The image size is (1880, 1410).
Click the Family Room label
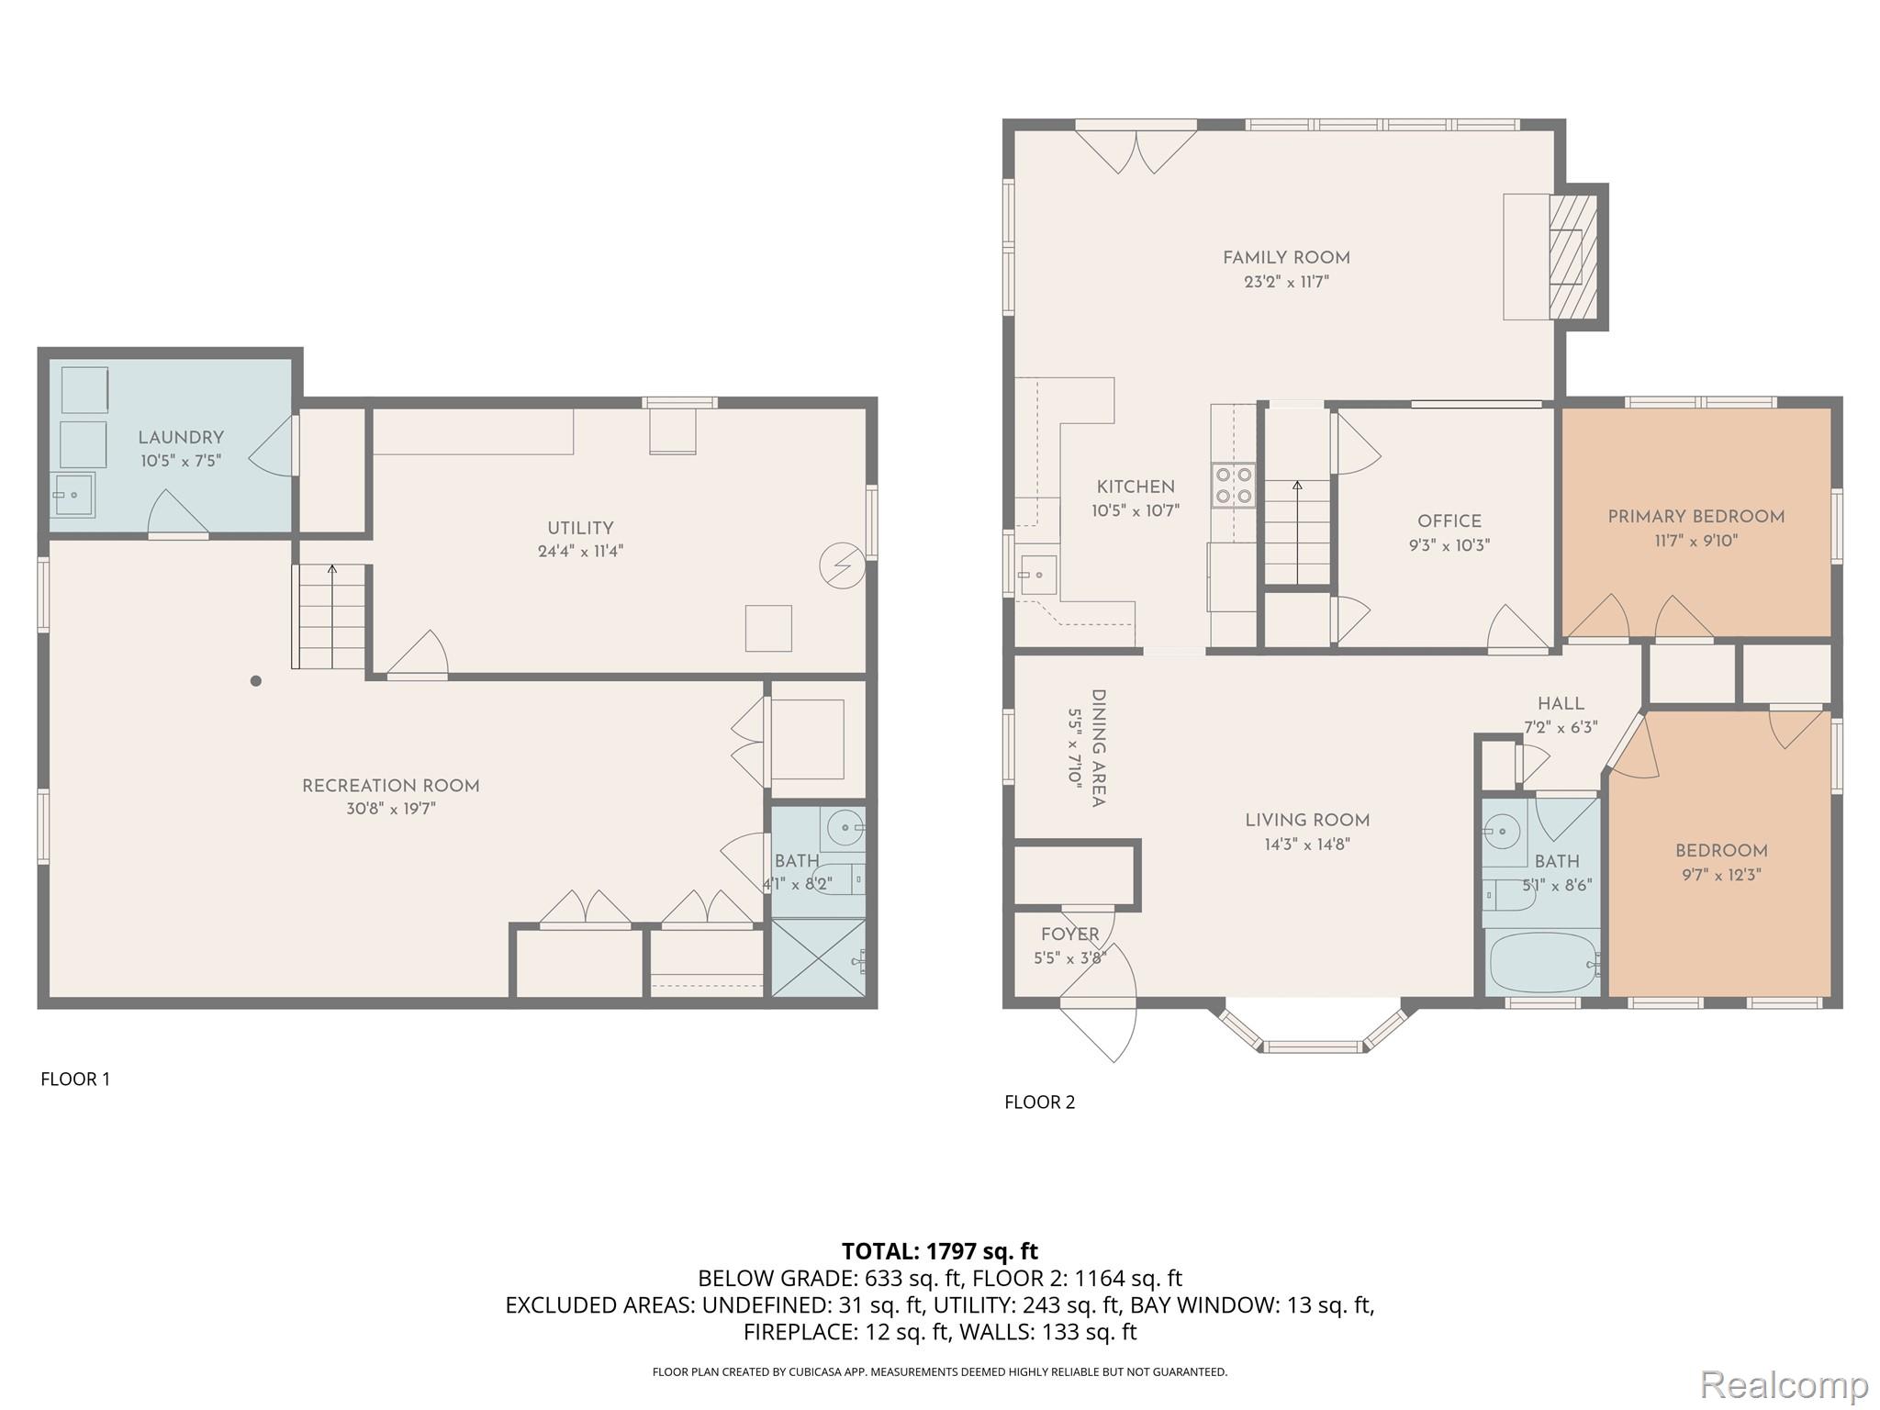tap(1285, 258)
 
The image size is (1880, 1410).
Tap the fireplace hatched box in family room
tap(1572, 256)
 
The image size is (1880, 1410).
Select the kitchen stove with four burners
tap(1233, 486)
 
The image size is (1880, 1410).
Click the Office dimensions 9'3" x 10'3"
tap(1449, 545)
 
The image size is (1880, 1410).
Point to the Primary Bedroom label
tap(1695, 517)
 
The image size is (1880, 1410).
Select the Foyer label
tap(1069, 934)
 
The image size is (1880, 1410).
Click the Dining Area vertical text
tap(1097, 748)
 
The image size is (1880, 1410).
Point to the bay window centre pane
tap(1312, 1046)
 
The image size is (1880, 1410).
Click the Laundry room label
tap(181, 438)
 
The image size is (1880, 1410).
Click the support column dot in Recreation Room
tap(256, 681)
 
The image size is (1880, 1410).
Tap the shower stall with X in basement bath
tap(817, 957)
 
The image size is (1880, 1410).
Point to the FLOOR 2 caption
tap(1039, 1102)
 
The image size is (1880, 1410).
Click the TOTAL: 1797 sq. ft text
tap(939, 1250)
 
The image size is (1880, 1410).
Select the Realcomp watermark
tap(1784, 1384)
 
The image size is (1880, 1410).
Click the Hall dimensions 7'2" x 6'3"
tap(1561, 727)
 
